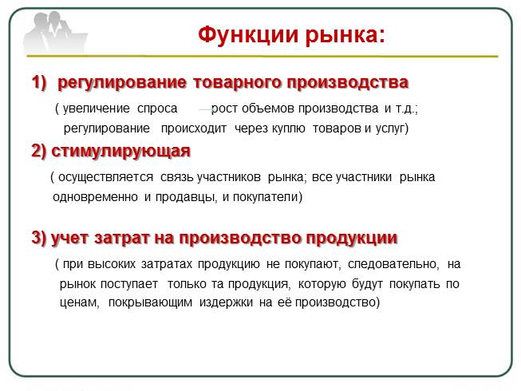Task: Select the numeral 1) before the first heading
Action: [40, 82]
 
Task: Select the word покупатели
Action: [266, 196]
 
